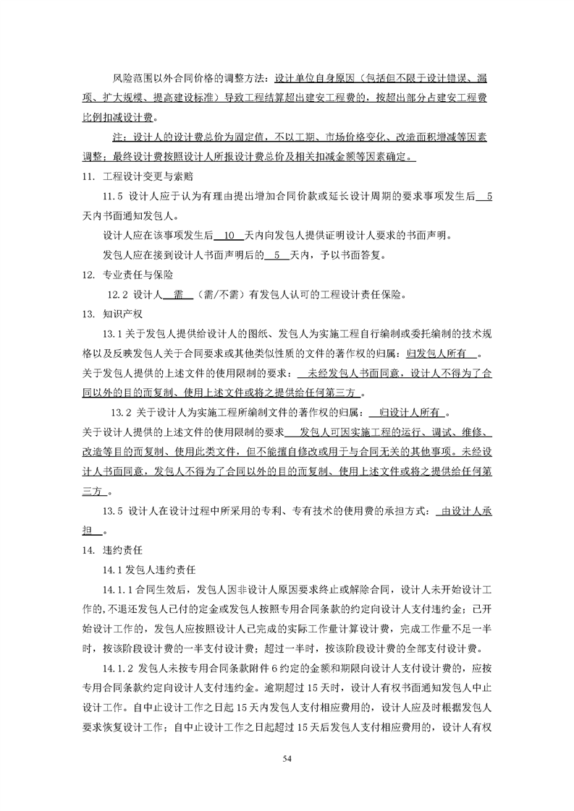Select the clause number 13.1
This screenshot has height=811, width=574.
(114, 334)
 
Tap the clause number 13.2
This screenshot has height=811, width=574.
(120, 413)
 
